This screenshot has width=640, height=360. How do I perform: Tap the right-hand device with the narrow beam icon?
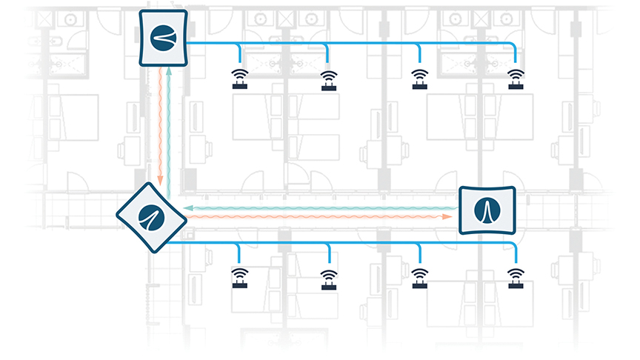tap(487, 210)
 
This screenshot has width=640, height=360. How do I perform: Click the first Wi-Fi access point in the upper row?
tap(239, 79)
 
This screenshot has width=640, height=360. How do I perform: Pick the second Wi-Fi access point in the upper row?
tap(328, 79)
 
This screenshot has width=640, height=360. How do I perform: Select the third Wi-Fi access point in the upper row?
tap(420, 79)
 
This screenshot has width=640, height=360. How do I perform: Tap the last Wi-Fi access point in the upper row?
tap(514, 79)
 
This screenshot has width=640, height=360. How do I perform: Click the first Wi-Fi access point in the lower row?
tap(239, 277)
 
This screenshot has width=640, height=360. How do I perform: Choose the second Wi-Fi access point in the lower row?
tap(328, 278)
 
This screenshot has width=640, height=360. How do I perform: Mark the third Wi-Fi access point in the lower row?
tap(420, 277)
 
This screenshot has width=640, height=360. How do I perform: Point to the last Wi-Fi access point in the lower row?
tap(514, 277)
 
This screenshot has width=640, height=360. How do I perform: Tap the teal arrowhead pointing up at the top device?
tap(170, 69)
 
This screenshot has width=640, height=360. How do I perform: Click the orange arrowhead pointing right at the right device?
tap(448, 217)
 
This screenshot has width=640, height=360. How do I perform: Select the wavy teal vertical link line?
tap(170, 126)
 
